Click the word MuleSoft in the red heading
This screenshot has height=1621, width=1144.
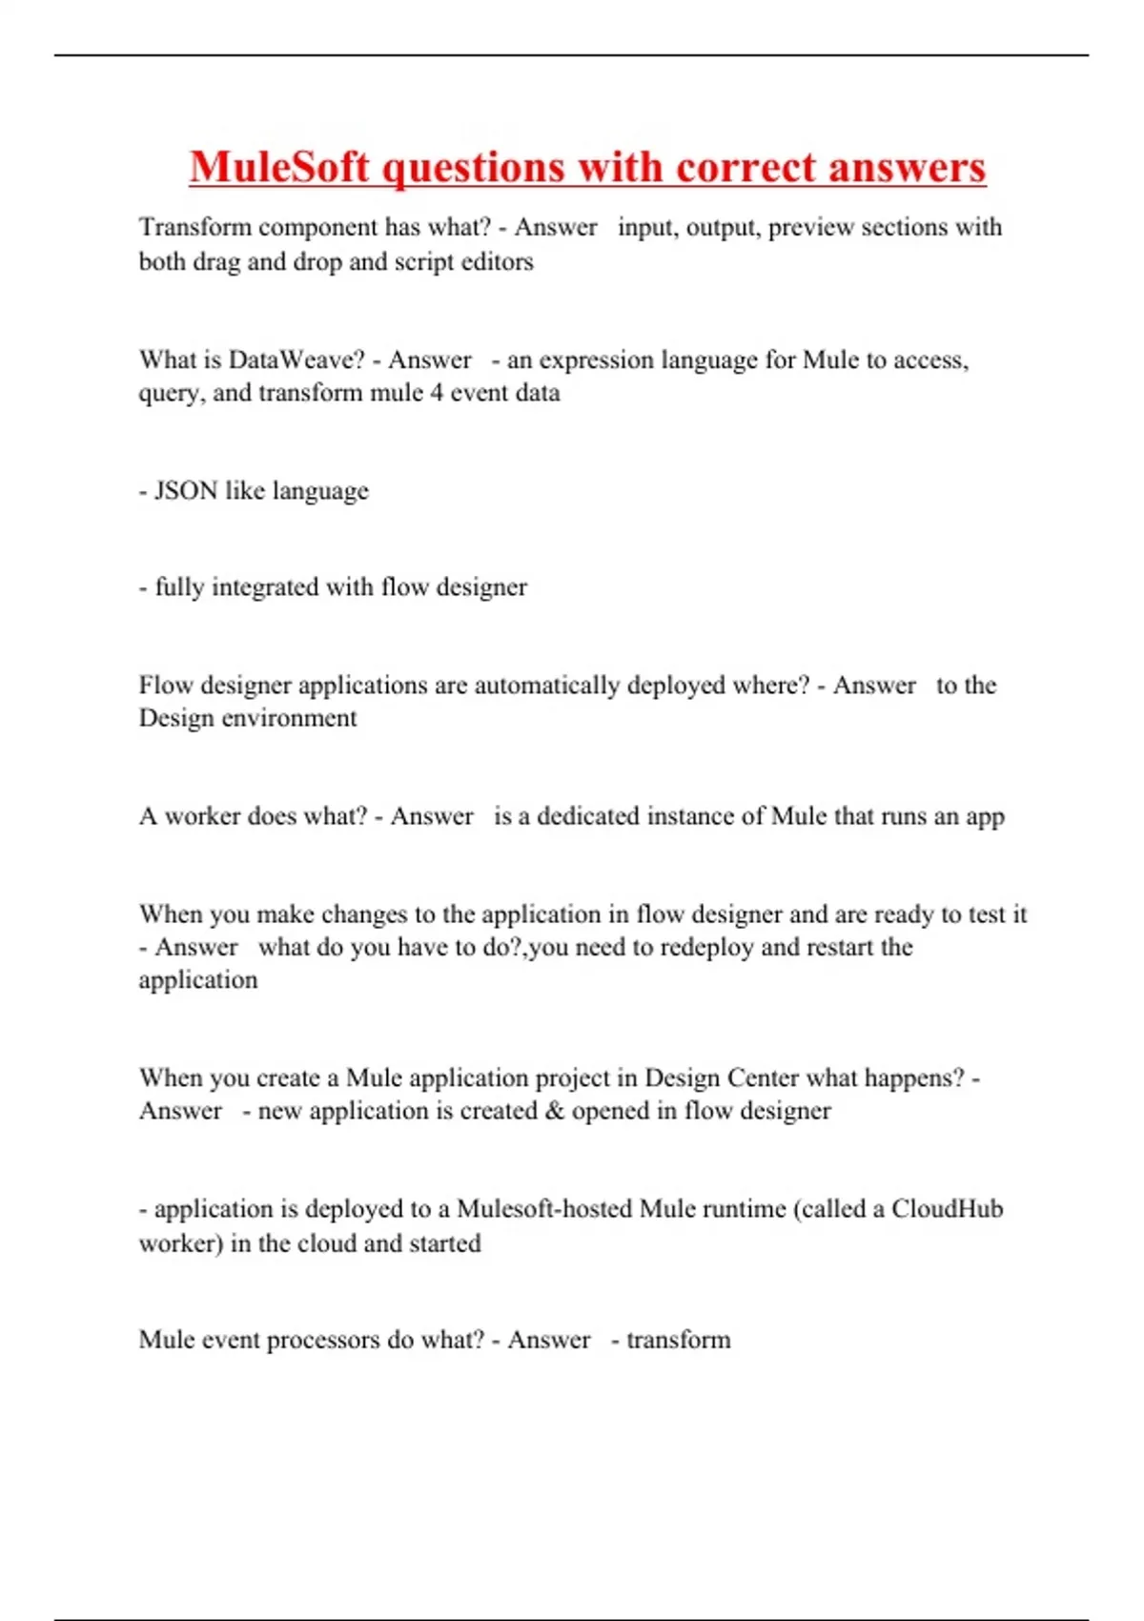coord(279,168)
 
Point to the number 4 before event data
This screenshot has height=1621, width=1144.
coord(436,393)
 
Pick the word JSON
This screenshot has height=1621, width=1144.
coord(186,491)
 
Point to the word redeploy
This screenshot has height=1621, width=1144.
coord(706,947)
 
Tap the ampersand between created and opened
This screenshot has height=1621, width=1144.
coord(555,1111)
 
